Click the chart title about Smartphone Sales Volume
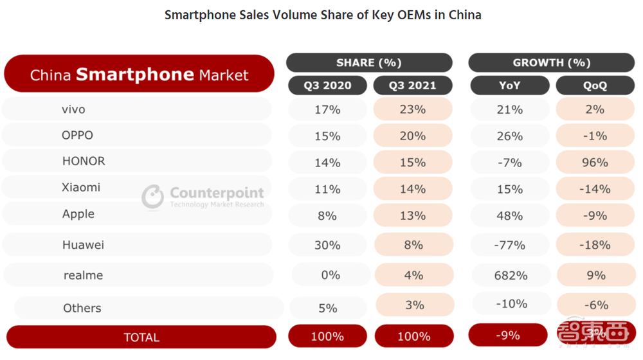323,15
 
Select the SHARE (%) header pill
369,62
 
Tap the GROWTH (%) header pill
551,62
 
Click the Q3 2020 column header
327,85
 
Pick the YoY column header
509,85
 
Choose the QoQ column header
595,85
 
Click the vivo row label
73,109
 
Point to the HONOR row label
84,161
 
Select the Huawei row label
83,245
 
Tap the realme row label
83,275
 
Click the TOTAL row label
141,337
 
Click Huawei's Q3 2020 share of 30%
327,245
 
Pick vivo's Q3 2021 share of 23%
413,109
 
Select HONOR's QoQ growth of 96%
595,162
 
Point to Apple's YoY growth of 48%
509,215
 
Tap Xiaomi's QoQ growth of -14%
595,189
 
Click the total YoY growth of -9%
508,335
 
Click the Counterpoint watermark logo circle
152,197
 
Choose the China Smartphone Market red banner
139,75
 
